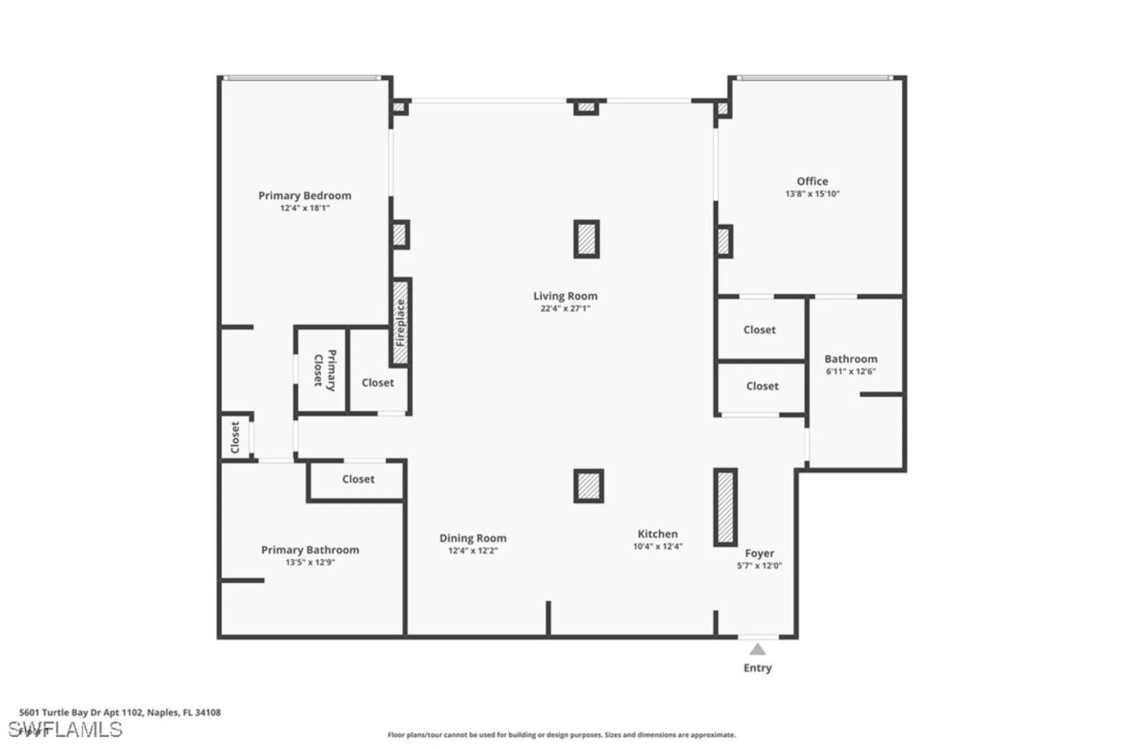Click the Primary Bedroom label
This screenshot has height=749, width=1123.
click(x=304, y=196)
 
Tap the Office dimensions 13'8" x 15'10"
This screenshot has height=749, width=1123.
click(x=812, y=194)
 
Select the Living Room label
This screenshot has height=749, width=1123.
click(x=565, y=296)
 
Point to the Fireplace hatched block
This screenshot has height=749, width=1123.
click(x=400, y=322)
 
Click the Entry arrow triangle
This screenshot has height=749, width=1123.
click(x=757, y=650)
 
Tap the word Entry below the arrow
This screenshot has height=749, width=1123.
click(x=757, y=668)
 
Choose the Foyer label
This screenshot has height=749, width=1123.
click(x=759, y=553)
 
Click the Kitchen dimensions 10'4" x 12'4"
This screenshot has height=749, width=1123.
click(x=657, y=546)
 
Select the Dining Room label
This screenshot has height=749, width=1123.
click(x=472, y=538)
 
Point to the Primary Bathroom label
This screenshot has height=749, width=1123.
click(x=310, y=550)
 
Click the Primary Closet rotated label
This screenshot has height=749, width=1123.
click(x=325, y=370)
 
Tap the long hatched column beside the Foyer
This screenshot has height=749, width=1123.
click(x=725, y=507)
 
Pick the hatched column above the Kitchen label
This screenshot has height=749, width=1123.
click(x=588, y=486)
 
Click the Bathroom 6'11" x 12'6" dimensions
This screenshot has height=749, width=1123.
click(x=850, y=371)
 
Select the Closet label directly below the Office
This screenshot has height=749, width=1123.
click(x=759, y=330)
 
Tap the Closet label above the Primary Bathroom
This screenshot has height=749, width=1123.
click(x=358, y=479)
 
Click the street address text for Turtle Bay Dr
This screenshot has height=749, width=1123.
click(x=120, y=712)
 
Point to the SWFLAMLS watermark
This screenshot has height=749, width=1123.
click(x=65, y=729)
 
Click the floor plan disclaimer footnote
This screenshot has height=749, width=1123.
click(x=561, y=735)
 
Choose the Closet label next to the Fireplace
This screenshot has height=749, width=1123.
click(x=377, y=383)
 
